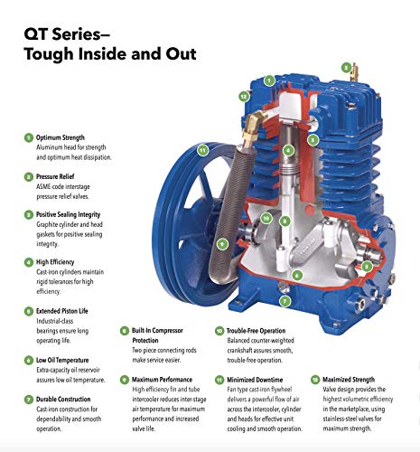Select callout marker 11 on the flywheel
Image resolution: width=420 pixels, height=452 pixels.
(203, 149)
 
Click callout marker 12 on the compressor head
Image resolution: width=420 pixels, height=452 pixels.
(243, 95)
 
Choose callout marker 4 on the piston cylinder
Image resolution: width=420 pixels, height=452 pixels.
(287, 150)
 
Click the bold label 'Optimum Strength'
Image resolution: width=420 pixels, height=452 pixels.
(64, 137)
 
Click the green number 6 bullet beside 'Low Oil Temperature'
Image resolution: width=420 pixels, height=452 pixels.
(28, 360)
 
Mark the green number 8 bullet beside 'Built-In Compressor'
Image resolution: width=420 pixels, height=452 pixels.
(124, 332)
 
